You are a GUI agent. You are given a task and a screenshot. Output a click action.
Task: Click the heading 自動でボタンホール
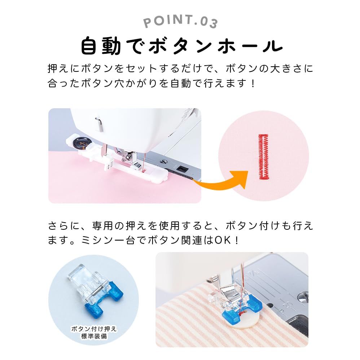(x=180, y=46)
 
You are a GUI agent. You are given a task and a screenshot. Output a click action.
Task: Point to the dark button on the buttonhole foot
(x=80, y=143)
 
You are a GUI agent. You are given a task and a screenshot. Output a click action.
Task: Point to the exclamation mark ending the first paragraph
(x=253, y=84)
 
